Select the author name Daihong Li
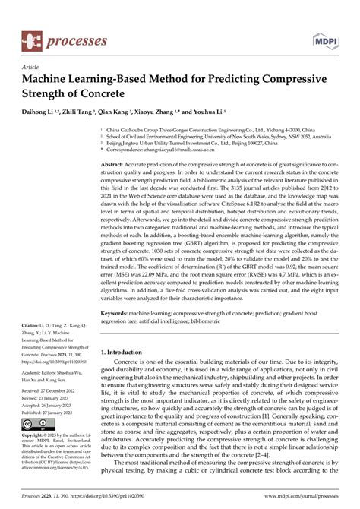[43, 111]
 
